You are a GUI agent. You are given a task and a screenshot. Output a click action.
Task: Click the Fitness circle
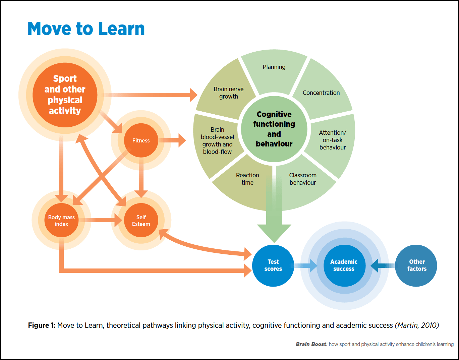click(x=141, y=140)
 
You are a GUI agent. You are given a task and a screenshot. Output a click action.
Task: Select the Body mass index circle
click(x=61, y=220)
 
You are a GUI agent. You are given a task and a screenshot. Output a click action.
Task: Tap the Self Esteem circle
click(x=141, y=220)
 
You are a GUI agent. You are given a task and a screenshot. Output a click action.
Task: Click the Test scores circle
click(x=273, y=265)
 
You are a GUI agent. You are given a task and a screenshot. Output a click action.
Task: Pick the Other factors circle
click(x=416, y=265)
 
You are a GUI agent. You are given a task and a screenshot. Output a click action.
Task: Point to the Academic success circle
click(x=345, y=265)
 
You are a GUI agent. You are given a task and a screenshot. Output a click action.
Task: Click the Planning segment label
click(x=274, y=67)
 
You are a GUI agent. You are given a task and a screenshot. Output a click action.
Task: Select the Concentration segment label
click(x=321, y=93)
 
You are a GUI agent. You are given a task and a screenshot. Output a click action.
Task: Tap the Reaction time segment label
click(x=247, y=179)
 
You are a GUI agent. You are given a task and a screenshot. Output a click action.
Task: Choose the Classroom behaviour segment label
click(x=303, y=179)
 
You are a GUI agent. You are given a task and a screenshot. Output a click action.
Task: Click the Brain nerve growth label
click(x=229, y=93)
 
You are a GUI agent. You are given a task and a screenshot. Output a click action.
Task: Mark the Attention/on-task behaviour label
click(x=333, y=140)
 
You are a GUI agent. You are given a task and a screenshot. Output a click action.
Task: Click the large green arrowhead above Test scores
click(x=274, y=233)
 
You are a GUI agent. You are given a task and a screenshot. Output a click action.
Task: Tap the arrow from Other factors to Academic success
click(x=383, y=265)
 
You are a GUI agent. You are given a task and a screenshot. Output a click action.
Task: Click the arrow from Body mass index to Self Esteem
click(x=100, y=220)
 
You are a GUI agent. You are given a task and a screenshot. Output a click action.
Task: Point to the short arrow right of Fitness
click(x=172, y=140)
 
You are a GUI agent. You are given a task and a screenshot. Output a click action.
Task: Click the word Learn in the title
click(x=121, y=28)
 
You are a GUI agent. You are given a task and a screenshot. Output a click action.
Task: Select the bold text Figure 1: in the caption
click(x=42, y=325)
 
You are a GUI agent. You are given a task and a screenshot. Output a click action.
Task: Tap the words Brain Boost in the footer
click(x=311, y=344)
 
